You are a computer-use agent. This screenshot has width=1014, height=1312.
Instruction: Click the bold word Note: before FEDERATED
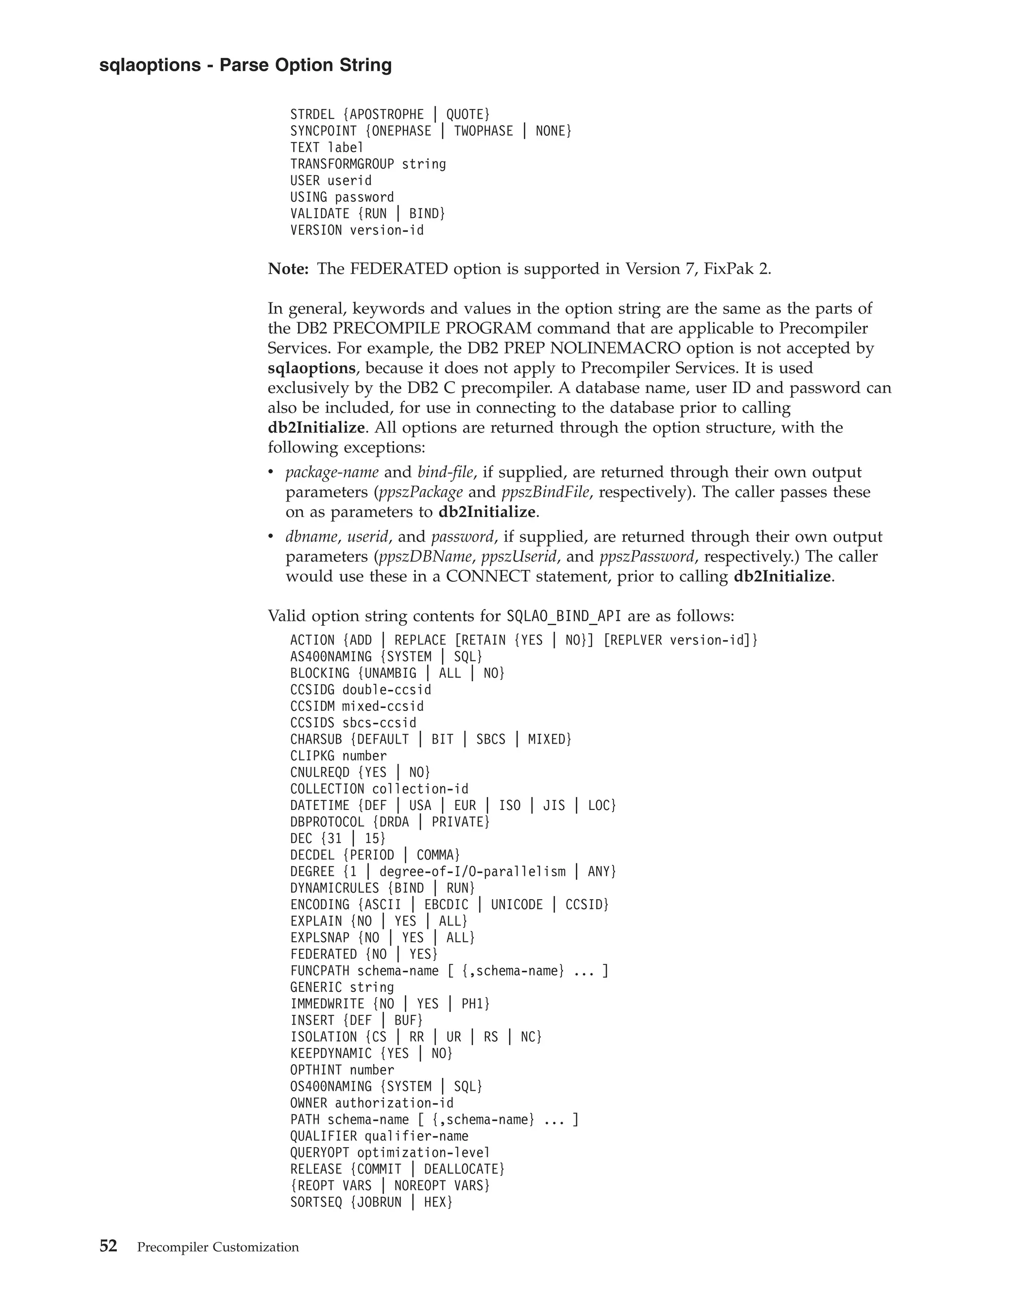288,269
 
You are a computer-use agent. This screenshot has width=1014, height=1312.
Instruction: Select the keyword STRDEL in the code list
312,115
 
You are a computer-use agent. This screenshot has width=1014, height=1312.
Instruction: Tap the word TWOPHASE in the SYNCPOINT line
484,131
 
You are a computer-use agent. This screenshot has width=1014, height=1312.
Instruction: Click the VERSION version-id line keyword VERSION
316,230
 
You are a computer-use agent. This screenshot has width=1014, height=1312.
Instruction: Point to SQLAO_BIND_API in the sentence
564,616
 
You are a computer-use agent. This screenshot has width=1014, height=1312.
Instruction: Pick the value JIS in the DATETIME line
554,806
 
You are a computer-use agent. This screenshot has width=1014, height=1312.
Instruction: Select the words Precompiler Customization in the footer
218,1247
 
